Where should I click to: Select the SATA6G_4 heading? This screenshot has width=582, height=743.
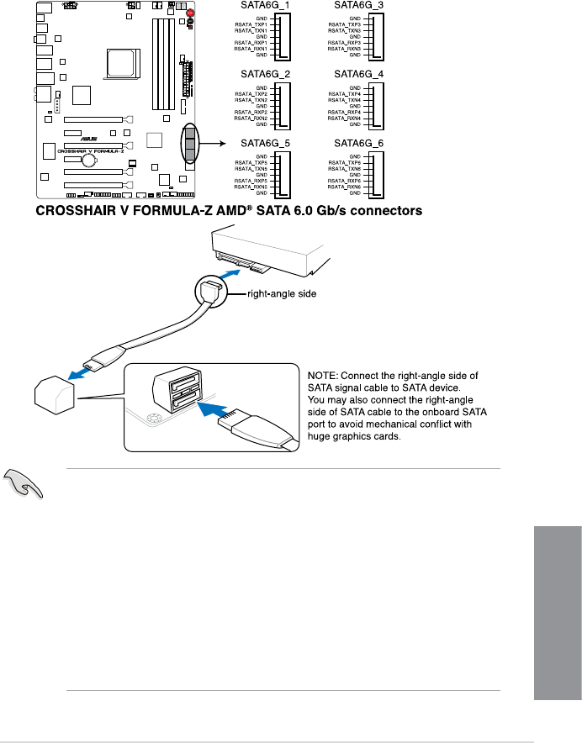point(359,74)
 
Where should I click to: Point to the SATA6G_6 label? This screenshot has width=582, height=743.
point(359,144)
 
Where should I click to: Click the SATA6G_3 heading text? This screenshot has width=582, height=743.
point(359,5)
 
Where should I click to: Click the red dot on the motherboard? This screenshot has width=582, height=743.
point(191,13)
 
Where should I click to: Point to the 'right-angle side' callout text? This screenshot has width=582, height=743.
point(278,294)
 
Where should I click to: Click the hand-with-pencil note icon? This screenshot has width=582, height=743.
point(25,486)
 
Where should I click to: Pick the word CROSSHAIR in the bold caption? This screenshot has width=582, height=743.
point(72,212)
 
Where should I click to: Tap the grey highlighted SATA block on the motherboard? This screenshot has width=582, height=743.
point(191,144)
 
